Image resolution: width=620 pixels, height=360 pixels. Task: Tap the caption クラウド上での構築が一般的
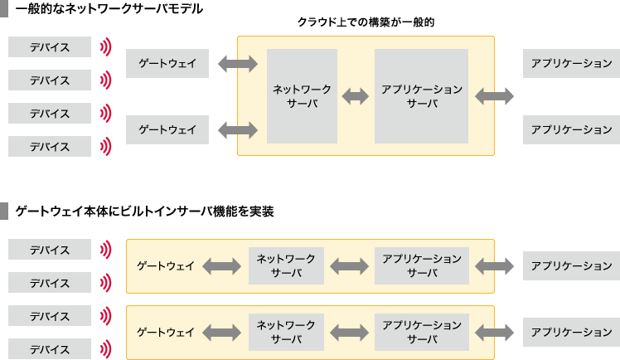[x=366, y=23]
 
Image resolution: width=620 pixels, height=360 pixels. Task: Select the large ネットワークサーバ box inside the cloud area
[x=302, y=95]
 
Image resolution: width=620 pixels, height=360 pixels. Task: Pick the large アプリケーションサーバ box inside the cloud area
[x=422, y=95]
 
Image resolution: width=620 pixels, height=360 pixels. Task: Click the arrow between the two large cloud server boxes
[x=356, y=96]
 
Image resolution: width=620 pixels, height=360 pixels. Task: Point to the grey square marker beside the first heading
[x=5, y=8]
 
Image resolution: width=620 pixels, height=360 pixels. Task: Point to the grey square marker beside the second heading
[x=5, y=212]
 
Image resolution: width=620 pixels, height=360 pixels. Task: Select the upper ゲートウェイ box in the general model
[x=167, y=63]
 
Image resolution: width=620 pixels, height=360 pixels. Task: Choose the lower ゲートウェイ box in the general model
[x=167, y=129]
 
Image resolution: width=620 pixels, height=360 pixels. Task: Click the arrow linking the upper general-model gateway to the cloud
[x=236, y=63]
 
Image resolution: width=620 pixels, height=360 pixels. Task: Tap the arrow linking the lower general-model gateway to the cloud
[x=236, y=129]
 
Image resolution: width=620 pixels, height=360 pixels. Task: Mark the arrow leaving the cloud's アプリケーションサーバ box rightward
[x=494, y=96]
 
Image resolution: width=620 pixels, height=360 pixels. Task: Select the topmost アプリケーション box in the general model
[x=571, y=63]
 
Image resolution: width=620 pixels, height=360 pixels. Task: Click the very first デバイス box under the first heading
[x=50, y=47]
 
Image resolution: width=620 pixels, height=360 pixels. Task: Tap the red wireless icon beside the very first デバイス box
[x=105, y=47]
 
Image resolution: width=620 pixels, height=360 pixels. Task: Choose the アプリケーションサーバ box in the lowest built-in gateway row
[x=422, y=332]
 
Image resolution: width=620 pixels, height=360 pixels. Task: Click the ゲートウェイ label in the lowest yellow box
[x=166, y=332]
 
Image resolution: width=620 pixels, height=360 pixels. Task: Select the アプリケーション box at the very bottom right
[x=571, y=332]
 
